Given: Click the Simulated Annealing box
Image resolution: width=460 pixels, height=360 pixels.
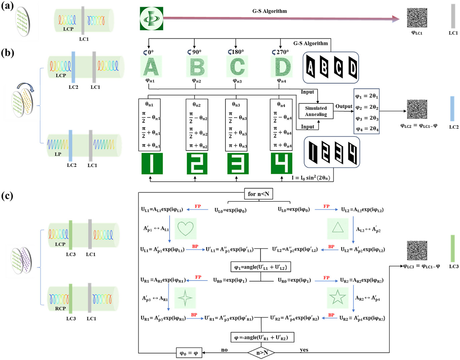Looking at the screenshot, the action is point(316,111).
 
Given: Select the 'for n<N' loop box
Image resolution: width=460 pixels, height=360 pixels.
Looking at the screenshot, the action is point(258,194).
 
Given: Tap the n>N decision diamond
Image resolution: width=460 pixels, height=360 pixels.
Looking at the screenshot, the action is point(261,353).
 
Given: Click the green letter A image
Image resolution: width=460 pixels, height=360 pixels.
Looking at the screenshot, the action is point(151,66).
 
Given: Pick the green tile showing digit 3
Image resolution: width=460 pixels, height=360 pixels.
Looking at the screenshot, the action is point(238,163).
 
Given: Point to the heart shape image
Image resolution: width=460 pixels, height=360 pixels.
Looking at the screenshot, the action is point(185,229).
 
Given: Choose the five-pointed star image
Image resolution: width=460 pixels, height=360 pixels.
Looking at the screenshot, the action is point(338,298).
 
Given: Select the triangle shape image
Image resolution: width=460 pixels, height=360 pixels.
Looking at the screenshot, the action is point(338,229).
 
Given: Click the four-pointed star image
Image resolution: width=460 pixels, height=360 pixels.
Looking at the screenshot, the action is point(185,298).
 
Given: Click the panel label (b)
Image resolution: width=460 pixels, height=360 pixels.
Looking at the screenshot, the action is point(8,53).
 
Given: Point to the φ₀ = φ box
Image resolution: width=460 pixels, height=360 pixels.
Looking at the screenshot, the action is point(189,353).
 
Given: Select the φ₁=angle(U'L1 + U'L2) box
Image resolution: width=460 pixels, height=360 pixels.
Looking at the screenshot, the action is point(260,267).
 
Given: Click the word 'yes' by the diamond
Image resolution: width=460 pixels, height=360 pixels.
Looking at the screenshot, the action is point(304,350).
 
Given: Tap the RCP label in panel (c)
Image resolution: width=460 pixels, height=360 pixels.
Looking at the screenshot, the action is point(60,308).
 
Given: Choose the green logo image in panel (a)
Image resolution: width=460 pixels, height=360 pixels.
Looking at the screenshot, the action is point(151,19).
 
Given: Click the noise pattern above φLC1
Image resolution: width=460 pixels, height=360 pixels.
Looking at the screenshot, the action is point(417,18).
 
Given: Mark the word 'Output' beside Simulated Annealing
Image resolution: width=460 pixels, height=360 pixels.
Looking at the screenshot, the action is point(344,106).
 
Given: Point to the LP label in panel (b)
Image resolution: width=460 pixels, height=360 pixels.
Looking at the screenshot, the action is point(58,154).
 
